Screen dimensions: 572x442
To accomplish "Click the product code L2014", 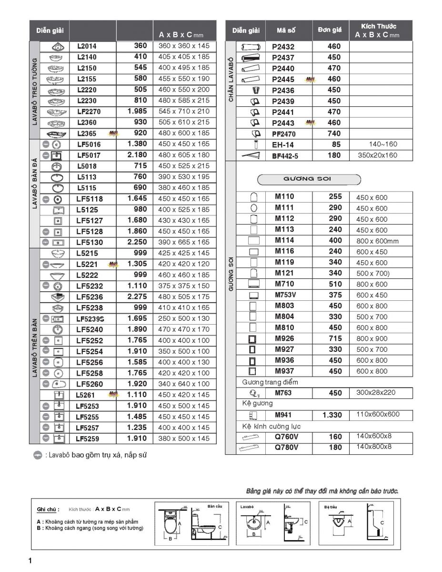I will click(86, 46).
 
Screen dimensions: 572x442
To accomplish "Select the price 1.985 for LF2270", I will click(137, 111).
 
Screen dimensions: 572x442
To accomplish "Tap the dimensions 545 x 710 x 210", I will click(184, 111).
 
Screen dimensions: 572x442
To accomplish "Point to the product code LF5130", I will click(89, 242).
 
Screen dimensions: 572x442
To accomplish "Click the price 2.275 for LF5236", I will click(137, 296).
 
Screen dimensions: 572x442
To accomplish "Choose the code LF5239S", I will click(90, 318).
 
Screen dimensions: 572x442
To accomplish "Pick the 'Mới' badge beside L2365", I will click(113, 133).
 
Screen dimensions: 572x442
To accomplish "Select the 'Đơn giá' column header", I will click(330, 30).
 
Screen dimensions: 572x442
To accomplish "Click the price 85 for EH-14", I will click(336, 144).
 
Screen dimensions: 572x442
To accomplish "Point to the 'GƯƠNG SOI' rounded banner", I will click(309, 179).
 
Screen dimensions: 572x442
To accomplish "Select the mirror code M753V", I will click(285, 295).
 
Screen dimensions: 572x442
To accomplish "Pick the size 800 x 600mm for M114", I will click(377, 241).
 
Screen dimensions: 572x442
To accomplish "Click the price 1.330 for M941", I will click(332, 415).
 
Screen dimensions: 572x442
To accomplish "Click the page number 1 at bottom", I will click(30, 561).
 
